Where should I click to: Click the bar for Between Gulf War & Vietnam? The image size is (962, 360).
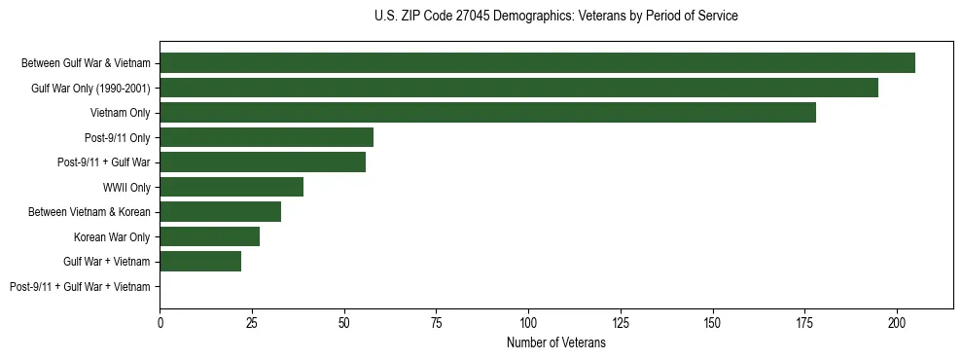(537, 63)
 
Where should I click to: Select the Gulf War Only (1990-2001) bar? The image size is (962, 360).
(518, 88)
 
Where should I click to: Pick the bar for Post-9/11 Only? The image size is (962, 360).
(267, 137)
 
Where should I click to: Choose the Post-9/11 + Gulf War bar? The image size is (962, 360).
(263, 162)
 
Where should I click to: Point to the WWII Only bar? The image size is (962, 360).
(232, 187)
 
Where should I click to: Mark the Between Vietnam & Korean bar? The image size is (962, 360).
(220, 211)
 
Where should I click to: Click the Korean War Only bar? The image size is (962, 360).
(209, 236)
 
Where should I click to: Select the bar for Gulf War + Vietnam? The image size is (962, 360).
(200, 261)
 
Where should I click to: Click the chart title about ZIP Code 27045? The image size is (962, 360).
(555, 17)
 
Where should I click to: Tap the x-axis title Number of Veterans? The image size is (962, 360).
(555, 343)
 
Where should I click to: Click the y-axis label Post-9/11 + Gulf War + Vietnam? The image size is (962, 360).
(80, 286)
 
